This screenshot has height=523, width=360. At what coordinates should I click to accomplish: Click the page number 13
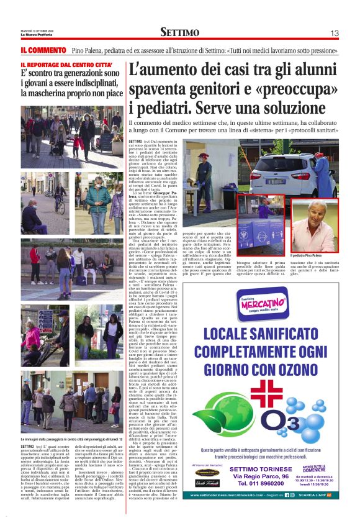click(x=334, y=33)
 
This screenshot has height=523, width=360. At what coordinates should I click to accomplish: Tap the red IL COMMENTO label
click(x=43, y=49)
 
